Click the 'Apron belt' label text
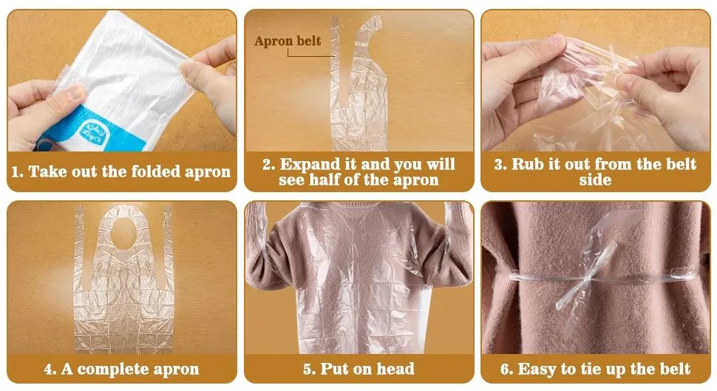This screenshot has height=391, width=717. tap(288, 41)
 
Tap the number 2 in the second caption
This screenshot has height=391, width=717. tap(268, 164)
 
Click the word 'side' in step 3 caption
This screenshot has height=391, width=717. tap(595, 180)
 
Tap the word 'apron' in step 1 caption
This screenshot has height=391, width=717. tap(208, 172)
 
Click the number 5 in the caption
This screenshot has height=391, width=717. tap(307, 368)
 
